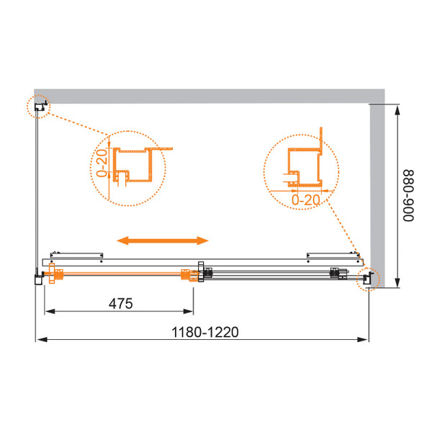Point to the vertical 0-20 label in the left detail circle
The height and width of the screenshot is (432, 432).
[102, 163]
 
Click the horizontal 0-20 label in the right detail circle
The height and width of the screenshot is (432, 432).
[305, 199]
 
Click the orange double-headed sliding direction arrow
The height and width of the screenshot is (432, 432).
[163, 240]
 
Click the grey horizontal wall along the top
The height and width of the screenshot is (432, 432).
[209, 96]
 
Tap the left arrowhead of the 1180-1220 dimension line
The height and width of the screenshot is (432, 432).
[39, 339]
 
